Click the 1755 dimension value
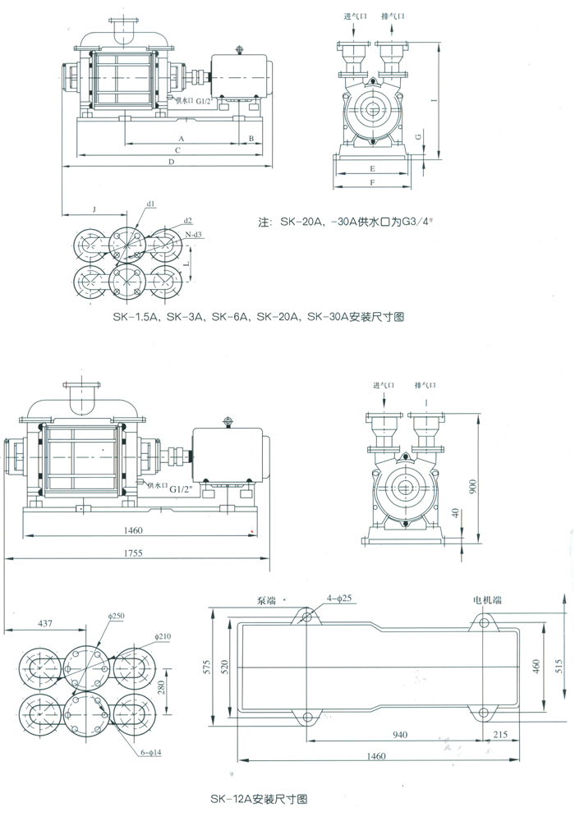[135, 553]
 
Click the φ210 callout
[162, 637]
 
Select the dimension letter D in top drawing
[171, 163]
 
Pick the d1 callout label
[151, 203]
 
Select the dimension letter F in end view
[372, 183]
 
